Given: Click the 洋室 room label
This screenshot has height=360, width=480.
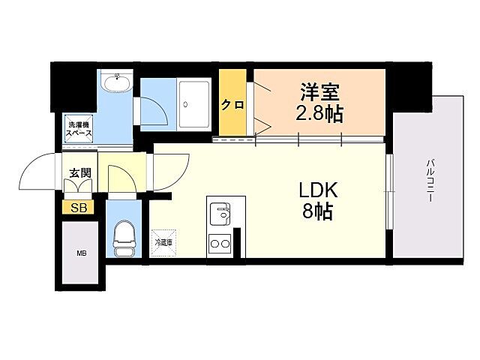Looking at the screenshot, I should (320, 94).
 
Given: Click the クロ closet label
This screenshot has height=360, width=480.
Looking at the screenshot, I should (232, 105).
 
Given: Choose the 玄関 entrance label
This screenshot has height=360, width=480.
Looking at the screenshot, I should (80, 172).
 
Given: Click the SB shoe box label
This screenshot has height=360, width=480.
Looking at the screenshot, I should (79, 208).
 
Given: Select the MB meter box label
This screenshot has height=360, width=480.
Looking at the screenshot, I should (81, 253).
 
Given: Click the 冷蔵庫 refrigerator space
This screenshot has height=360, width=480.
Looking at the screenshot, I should (163, 242).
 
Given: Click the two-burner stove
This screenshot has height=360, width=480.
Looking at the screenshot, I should (220, 243).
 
